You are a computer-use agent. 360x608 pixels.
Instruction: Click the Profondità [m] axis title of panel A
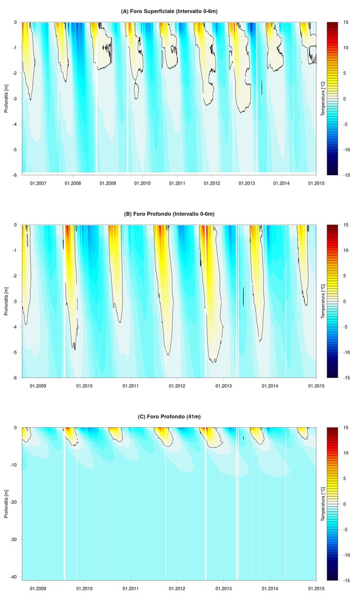6,99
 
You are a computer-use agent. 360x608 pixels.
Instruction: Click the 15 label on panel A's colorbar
345,22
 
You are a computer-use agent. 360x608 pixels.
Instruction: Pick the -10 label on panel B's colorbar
346,352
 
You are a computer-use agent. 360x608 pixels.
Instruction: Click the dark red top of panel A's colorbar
332,25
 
